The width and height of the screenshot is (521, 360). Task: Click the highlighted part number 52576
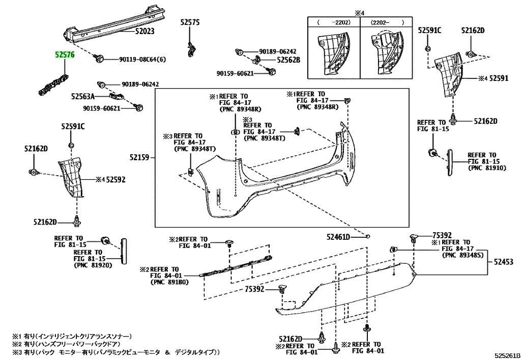click(x=65, y=53)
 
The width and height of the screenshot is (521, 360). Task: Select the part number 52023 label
click(x=144, y=31)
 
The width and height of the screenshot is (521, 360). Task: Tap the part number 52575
click(x=190, y=22)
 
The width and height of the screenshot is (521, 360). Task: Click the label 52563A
click(x=82, y=96)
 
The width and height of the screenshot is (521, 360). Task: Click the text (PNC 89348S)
click(x=462, y=255)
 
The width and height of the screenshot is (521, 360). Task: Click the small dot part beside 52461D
click(x=368, y=236)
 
